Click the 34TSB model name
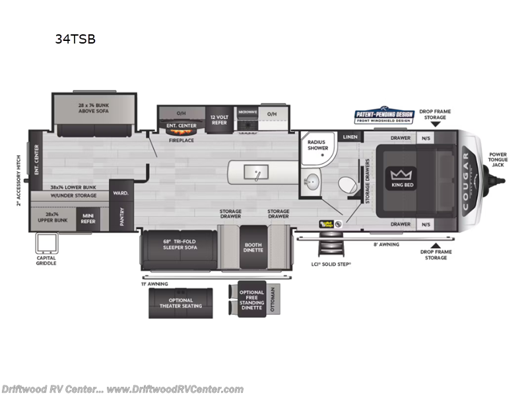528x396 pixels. click(75, 39)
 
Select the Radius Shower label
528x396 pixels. click(318, 145)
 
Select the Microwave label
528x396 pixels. click(247, 112)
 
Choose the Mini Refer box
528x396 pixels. click(87, 217)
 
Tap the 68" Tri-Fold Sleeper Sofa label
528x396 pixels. click(180, 244)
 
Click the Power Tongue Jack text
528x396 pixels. click(497, 159)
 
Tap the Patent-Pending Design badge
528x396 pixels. click(384, 116)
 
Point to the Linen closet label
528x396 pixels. click(350, 137)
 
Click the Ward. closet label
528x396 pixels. click(121, 193)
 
